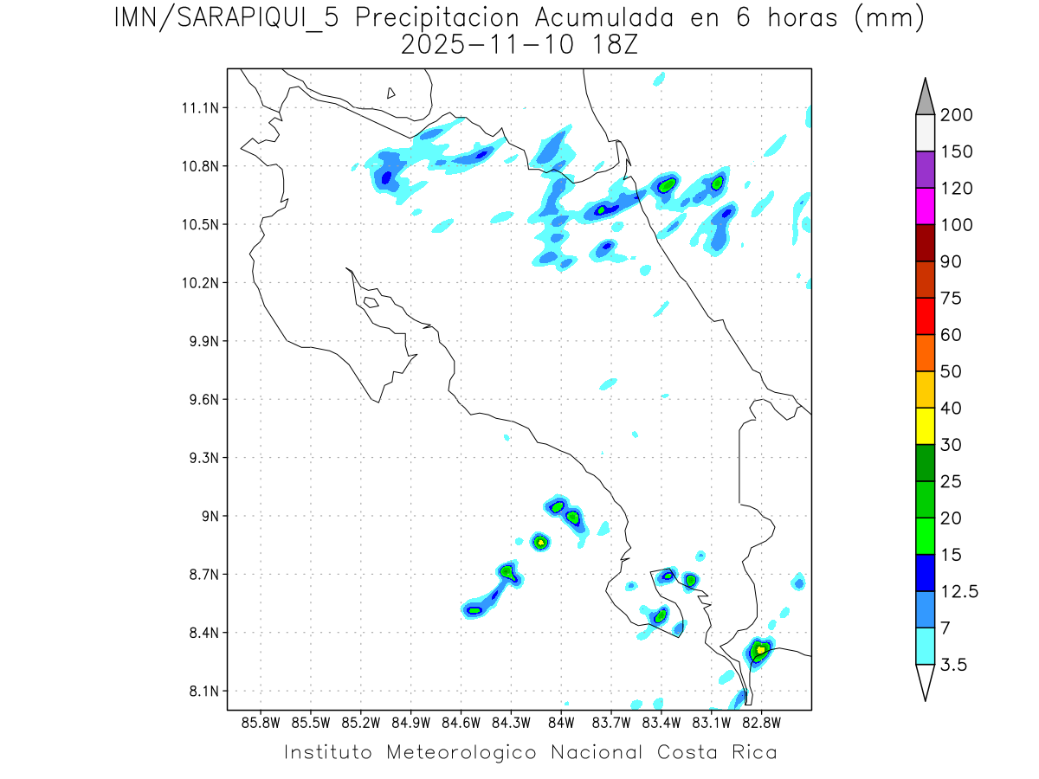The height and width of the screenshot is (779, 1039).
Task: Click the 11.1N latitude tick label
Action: [x=203, y=108]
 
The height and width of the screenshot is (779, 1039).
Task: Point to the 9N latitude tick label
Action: [x=211, y=516]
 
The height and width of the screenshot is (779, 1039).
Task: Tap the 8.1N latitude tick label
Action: [x=204, y=691]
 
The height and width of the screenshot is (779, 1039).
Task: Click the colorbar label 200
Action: [x=956, y=115]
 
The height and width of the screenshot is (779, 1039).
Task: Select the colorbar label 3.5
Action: [x=954, y=665]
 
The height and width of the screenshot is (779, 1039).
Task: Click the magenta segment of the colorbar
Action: [x=924, y=206]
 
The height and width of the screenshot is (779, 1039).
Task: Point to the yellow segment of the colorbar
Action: [x=924, y=426]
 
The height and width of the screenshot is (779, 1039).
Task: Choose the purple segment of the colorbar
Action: [x=924, y=170]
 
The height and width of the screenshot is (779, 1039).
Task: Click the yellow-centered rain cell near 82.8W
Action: [x=760, y=649]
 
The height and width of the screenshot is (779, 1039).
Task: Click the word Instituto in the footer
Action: [x=328, y=752]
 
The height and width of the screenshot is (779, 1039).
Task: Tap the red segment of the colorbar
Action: [x=924, y=316]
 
